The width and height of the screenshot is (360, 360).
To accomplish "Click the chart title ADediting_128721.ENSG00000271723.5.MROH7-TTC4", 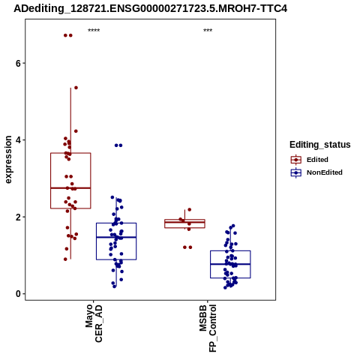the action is [151, 8].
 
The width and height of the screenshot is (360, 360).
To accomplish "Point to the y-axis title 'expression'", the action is [8, 160].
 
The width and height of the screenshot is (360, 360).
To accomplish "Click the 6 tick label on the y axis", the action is [18, 63].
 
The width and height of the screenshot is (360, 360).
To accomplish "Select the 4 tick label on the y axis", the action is [18, 140].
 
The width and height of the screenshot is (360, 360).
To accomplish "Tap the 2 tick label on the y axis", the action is [18, 217].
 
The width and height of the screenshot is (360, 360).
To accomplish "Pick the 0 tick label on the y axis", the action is [18, 294].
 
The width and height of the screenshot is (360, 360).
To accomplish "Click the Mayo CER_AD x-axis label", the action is [94, 323].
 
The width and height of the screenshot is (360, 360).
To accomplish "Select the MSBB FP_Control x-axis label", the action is [208, 328].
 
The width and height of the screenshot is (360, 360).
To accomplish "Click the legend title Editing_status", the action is [320, 145].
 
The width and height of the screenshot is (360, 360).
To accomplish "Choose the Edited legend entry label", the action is [317, 160].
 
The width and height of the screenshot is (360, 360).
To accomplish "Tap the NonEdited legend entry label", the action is [325, 172].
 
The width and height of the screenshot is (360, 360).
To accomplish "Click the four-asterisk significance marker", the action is [94, 31].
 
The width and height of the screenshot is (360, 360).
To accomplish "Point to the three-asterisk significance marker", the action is [208, 31].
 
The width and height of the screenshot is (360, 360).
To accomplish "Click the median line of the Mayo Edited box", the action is [70, 187].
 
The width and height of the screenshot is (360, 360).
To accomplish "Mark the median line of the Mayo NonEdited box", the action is [116, 237].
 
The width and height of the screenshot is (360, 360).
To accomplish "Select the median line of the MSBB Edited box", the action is [184, 222].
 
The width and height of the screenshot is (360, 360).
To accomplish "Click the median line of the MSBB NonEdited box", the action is [230, 264].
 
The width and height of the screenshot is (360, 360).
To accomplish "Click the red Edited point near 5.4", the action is [76, 88].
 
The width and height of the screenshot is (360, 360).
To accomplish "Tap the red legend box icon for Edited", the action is [296, 160].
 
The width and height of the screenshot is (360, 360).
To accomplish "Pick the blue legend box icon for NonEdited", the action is [296, 172].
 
